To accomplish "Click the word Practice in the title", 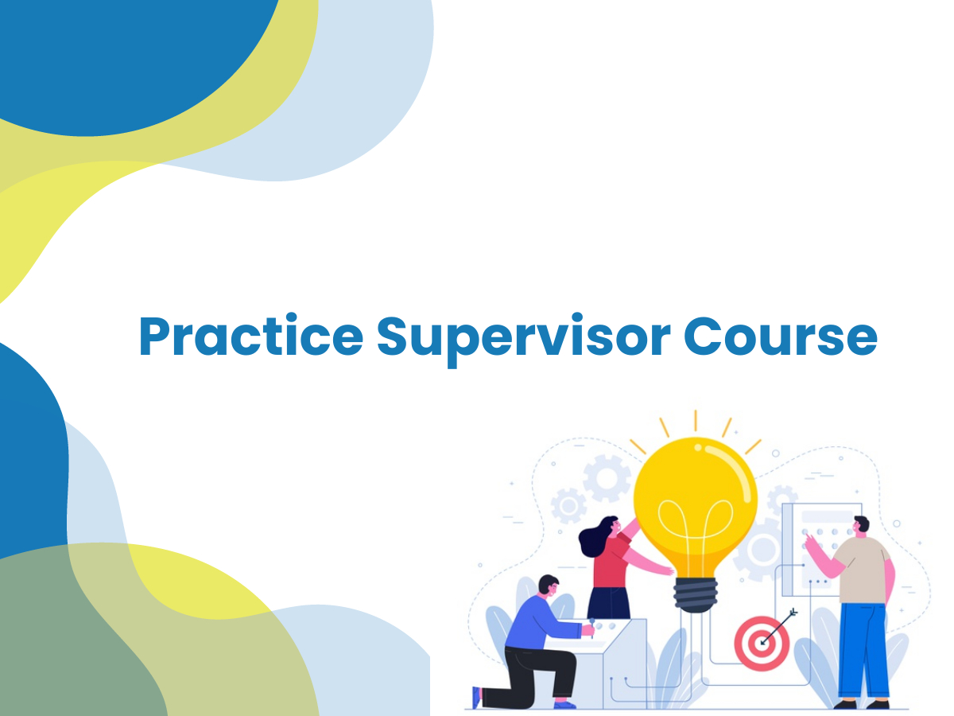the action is tap(250, 335).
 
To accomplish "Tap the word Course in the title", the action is tap(780, 336).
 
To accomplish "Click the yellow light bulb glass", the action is tap(695, 507).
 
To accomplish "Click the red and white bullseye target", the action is tap(761, 643).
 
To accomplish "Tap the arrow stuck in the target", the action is tap(779, 626).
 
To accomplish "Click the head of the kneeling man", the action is tap(549, 587).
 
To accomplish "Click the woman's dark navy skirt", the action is tap(608, 603).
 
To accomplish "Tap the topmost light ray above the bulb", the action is tap(696, 420).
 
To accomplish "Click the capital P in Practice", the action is tap(154, 336).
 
